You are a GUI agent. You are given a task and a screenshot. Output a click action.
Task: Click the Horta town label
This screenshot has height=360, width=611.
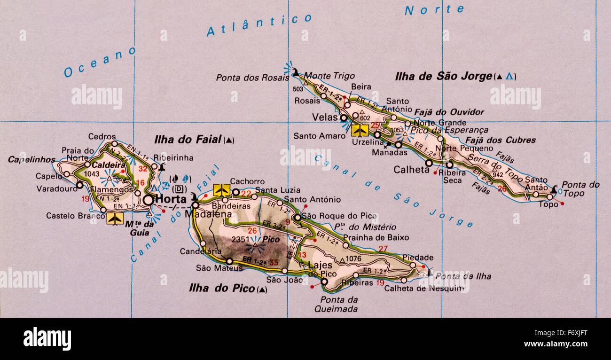click(171, 199)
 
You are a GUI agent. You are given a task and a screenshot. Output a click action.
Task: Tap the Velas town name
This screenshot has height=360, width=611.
click(325, 117)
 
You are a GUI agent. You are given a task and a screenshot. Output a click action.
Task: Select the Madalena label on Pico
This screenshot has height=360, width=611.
click(208, 214)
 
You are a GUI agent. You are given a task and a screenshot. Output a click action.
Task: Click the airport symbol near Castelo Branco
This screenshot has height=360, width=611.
click(115, 219)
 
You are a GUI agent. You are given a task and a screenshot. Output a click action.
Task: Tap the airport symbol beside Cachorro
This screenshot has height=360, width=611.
click(221, 190)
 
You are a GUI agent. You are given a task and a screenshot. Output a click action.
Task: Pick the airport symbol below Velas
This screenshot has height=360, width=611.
click(360, 130)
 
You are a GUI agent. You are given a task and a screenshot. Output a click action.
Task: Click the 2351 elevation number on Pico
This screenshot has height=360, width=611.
click(240, 239)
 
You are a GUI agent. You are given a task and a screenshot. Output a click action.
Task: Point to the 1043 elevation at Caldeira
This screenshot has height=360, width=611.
click(92, 174)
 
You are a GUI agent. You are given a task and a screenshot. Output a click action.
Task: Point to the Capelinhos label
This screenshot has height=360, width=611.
click(31, 160)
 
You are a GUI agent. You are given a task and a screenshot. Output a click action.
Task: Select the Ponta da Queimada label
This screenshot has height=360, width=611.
click(339, 304)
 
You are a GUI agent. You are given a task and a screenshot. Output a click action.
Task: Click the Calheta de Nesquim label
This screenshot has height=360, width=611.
click(423, 289)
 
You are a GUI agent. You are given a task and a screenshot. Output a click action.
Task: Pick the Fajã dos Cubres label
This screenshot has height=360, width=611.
click(500, 140)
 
